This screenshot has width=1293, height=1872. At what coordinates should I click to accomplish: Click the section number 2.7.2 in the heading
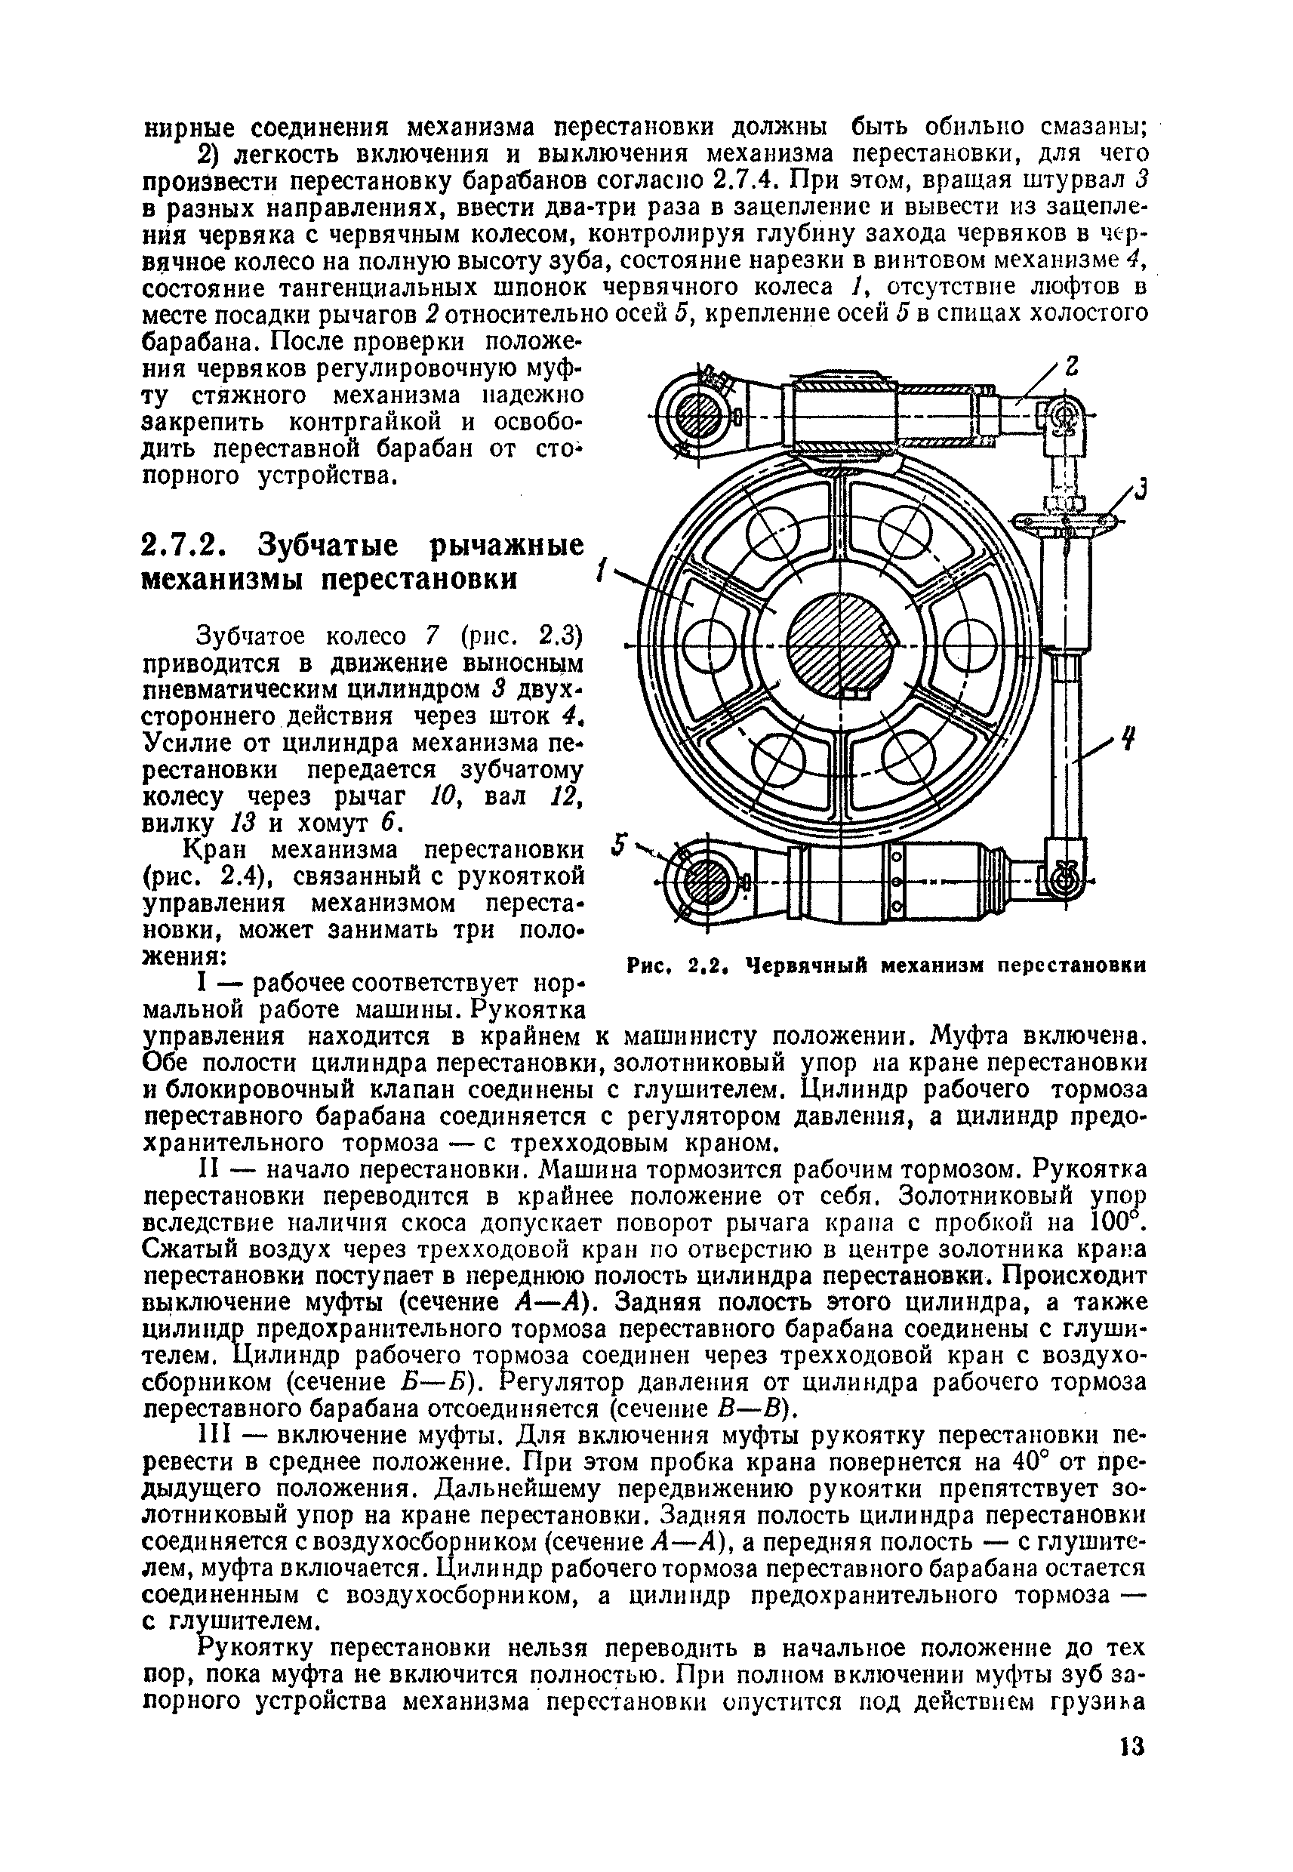click(x=189, y=546)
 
